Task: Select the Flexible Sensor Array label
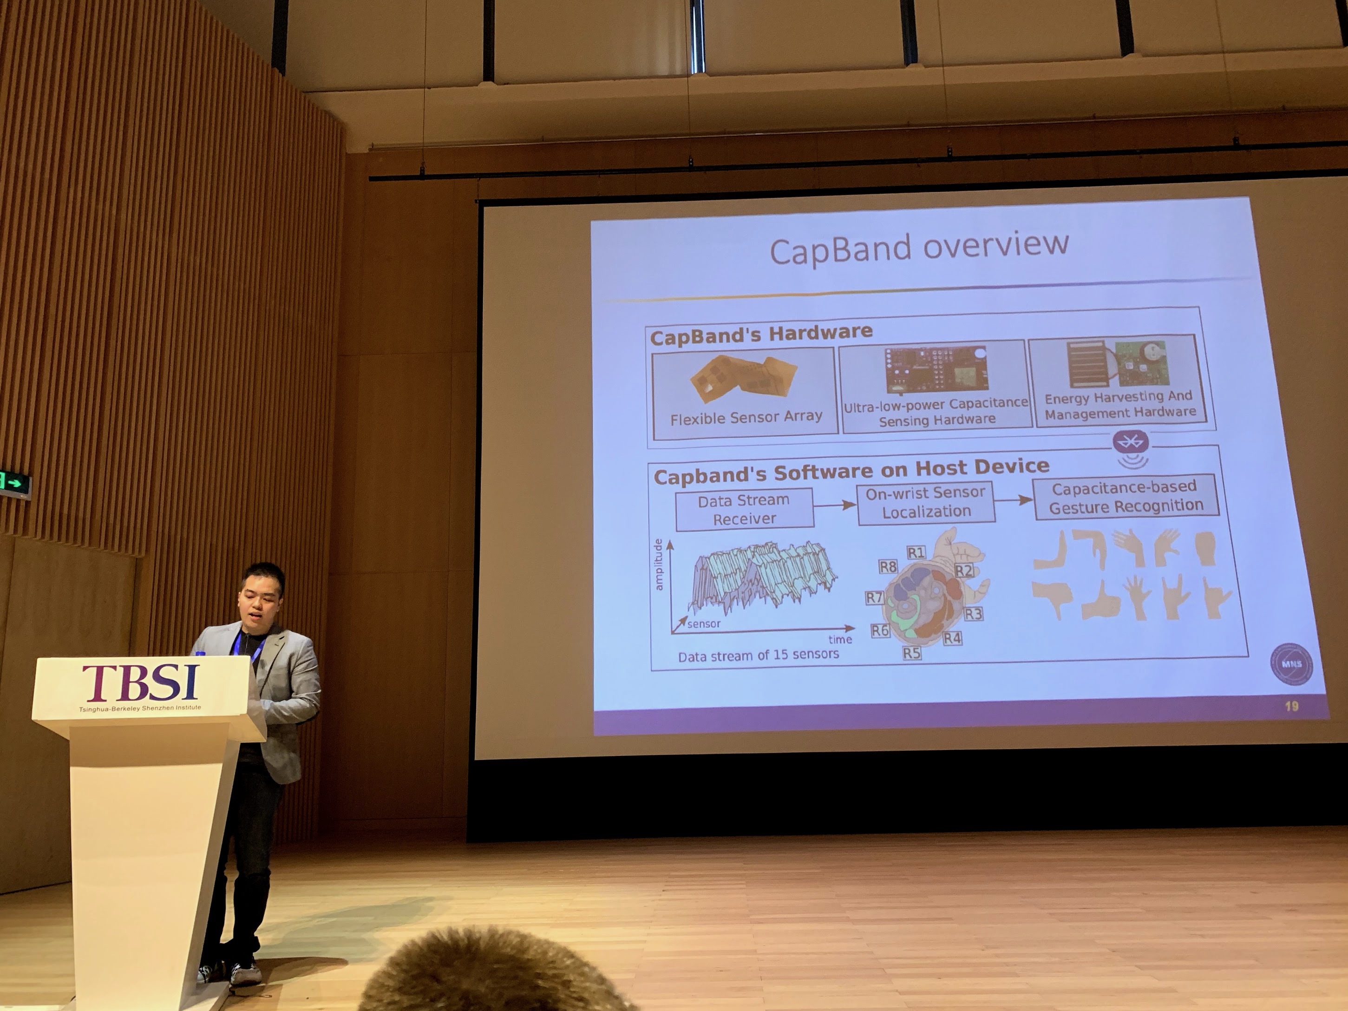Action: coord(746,417)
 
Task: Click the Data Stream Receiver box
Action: coord(744,508)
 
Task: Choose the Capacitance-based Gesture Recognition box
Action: coord(1126,496)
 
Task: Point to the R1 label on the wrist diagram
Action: coord(916,553)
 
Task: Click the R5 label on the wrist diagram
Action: coord(912,653)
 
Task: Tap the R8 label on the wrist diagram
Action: coord(888,567)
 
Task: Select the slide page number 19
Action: coord(1291,706)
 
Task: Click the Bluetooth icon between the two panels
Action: coord(1131,442)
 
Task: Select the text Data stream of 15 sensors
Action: coord(758,655)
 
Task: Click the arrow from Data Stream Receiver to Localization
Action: coord(835,505)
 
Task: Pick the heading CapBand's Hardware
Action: coord(761,335)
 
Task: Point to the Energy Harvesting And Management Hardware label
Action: coord(1120,405)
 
